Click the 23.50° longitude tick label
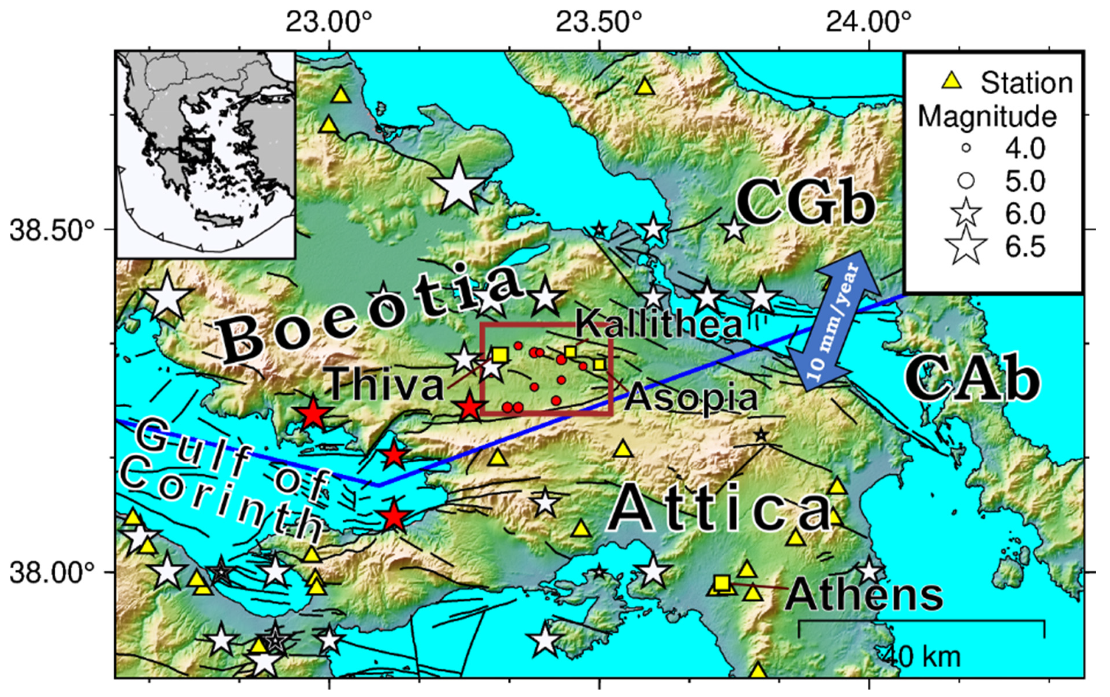(x=598, y=22)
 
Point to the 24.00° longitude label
(x=868, y=22)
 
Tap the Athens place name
(x=864, y=595)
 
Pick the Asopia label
(x=692, y=398)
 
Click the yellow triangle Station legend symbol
(x=951, y=82)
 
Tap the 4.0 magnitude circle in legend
(x=966, y=148)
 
